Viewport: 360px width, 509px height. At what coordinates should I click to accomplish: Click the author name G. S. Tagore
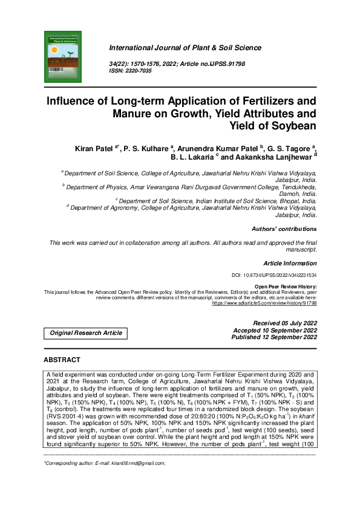pos(289,148)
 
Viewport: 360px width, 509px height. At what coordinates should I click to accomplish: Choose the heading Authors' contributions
pos(284,229)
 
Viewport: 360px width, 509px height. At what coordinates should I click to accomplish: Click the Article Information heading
pos(290,264)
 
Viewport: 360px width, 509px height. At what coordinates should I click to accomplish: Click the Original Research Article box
pos(85,333)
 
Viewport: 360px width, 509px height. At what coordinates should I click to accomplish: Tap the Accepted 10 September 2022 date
pos(275,331)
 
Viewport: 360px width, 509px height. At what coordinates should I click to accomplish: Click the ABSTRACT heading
pos(62,360)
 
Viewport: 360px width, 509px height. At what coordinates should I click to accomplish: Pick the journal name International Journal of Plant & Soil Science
pos(185,48)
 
